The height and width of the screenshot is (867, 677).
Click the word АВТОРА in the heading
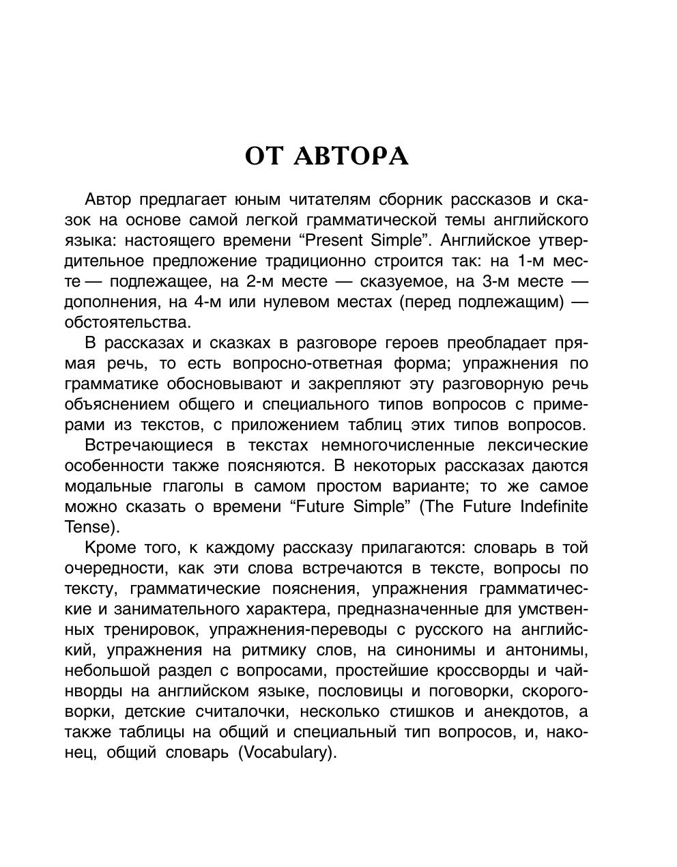pos(352,156)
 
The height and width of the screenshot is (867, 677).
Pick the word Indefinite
pos(553,507)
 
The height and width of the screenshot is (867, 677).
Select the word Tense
pos(87,527)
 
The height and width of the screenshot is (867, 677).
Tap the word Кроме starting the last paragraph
pos(109,548)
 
